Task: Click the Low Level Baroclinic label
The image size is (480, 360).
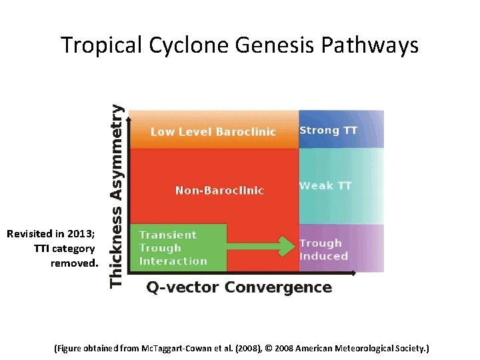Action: tap(213, 131)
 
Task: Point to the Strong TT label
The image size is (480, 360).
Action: tap(329, 130)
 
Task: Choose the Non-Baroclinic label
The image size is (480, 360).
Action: tap(219, 191)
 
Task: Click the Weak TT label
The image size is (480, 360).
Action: tap(325, 185)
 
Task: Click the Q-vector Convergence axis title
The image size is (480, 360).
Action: tap(239, 287)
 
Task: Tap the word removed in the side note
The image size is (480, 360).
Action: tap(74, 263)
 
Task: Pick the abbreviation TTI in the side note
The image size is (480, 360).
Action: tap(44, 249)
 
